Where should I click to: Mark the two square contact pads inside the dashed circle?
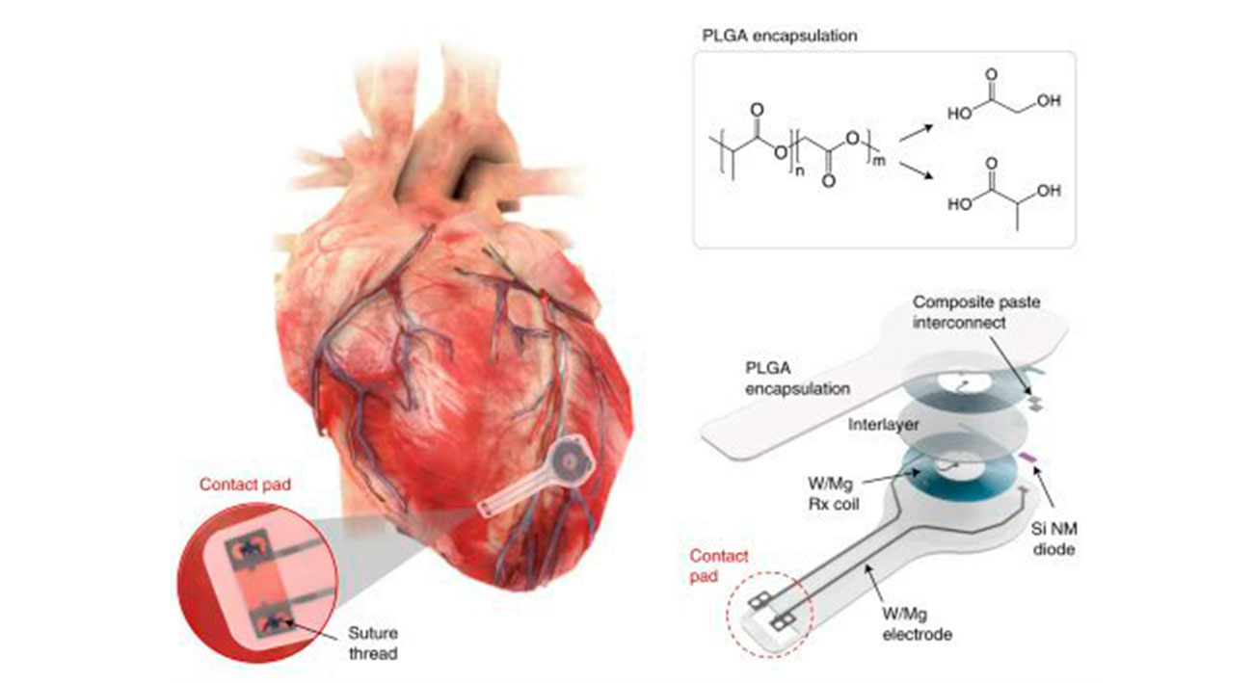point(771,607)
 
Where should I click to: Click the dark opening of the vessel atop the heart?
point(480,179)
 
